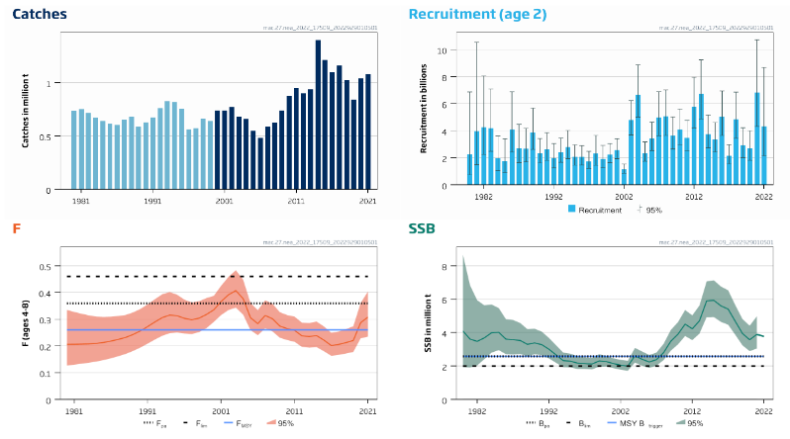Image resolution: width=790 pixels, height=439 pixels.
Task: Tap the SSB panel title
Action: pyautogui.click(x=422, y=229)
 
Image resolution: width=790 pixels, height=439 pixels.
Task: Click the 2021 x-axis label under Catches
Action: pyautogui.click(x=367, y=201)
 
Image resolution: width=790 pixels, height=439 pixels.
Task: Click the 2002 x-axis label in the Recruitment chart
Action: pyautogui.click(x=624, y=197)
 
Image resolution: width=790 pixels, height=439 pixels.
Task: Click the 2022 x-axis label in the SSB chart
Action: pyautogui.click(x=763, y=410)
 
